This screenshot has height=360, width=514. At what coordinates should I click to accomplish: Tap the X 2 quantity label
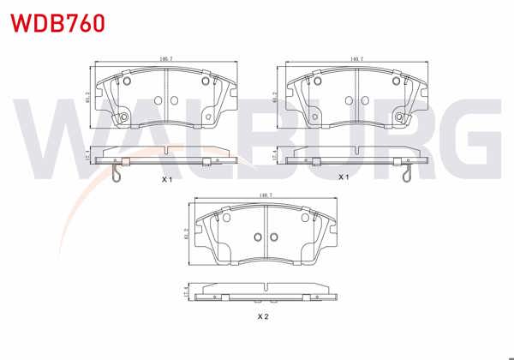[264, 316]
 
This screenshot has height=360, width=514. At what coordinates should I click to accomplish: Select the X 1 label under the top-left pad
[168, 180]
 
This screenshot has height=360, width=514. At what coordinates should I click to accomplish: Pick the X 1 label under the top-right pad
[344, 177]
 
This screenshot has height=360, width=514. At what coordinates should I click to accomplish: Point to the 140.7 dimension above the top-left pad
[165, 59]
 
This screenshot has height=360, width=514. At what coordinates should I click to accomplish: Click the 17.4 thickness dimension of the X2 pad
[187, 293]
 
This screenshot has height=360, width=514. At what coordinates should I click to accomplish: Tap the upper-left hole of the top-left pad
[127, 82]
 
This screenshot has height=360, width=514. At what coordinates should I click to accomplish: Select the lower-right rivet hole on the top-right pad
[400, 117]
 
